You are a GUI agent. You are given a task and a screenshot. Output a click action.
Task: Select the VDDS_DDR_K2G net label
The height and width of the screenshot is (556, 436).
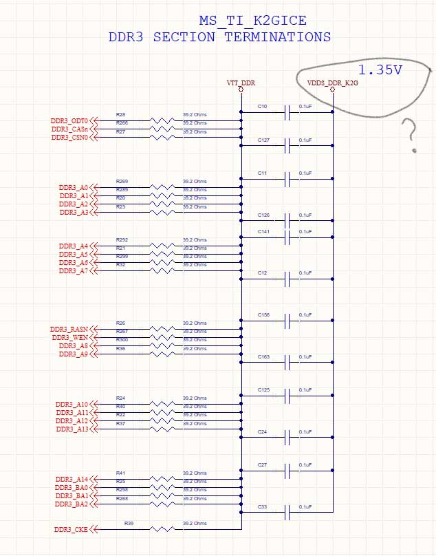pos(333,83)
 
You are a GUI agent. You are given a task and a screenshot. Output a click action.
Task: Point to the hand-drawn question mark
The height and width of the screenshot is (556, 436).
pos(411,133)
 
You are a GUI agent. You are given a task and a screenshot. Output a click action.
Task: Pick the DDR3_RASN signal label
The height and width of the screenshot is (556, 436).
pos(69,329)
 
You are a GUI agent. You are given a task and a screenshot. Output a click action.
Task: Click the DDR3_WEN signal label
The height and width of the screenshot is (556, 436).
pos(70,337)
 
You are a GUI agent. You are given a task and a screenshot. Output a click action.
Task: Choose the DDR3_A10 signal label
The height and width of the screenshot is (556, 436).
pos(72,404)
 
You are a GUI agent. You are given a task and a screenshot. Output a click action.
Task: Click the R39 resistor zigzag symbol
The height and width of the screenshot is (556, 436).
pos(162,530)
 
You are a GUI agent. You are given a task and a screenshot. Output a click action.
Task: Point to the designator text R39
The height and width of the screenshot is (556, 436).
pos(129,524)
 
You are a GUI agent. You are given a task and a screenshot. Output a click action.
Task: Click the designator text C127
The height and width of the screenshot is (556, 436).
pos(264,140)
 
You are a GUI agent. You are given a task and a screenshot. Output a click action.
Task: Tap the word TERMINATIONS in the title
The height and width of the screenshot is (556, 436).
pos(277,37)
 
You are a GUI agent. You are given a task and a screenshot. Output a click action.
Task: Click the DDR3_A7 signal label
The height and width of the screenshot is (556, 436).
pos(74,270)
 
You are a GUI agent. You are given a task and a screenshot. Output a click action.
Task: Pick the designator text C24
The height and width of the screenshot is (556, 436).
pos(262,431)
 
